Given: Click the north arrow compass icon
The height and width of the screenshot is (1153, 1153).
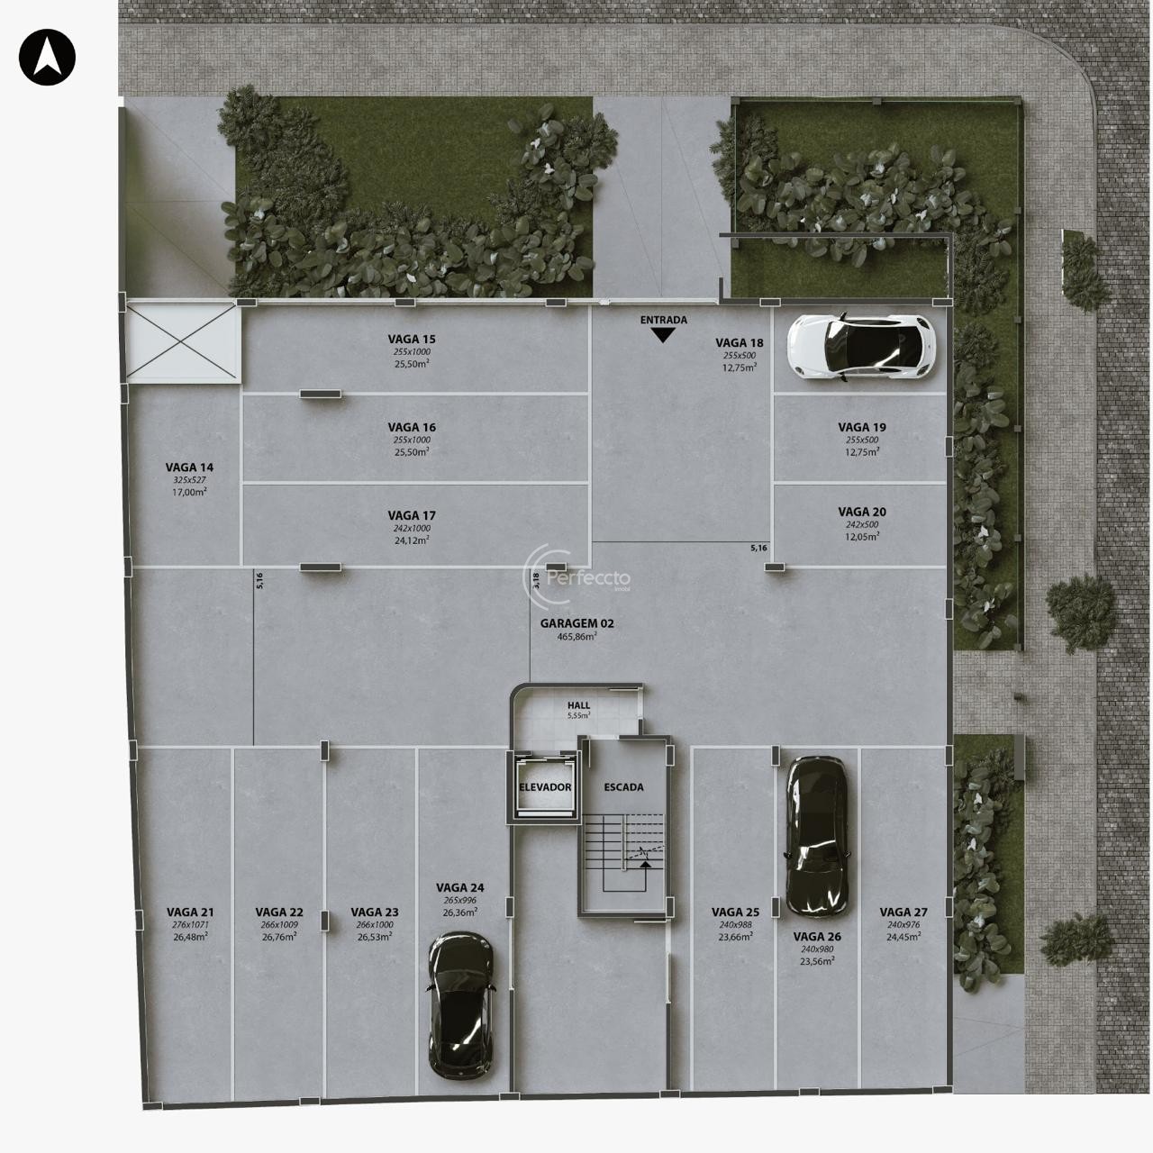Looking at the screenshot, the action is tap(47, 58).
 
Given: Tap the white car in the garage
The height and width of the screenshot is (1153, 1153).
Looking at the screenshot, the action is tap(861, 347).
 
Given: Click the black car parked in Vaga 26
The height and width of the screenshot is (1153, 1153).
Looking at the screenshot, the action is tap(816, 837).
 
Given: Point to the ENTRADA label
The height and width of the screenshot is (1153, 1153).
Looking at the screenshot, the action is tap(664, 320).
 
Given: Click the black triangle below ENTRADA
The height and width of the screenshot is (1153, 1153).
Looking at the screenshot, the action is tap(663, 336).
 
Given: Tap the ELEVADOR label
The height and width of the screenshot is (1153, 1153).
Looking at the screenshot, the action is tap(545, 786).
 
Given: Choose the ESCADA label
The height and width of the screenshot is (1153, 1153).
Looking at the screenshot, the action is tap(623, 786).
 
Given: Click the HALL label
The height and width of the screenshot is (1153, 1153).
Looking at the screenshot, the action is tap(578, 705).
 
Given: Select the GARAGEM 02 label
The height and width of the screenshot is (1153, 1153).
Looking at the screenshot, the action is tap(576, 622).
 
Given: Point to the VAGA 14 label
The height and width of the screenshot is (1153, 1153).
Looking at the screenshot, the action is tap(189, 468).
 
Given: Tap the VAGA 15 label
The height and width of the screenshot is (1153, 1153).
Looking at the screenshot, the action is tap(412, 340).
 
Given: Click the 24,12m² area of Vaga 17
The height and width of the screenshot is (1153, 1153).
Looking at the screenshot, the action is tap(412, 540).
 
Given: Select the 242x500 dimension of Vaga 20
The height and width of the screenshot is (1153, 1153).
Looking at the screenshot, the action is tap(862, 524).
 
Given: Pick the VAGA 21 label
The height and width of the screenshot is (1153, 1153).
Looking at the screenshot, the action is tap(190, 912).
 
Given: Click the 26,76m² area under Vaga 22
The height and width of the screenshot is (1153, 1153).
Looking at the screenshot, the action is tap(279, 937).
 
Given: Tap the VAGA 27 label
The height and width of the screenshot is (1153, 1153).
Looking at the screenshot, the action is tap(903, 912).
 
